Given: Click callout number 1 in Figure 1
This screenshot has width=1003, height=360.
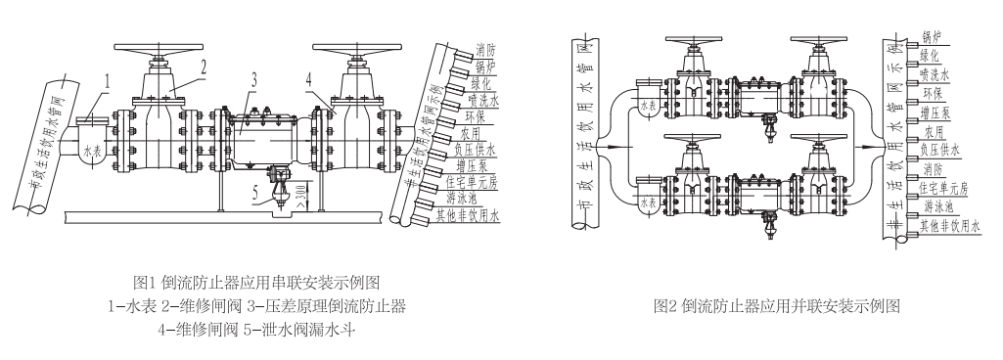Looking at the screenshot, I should point(111,75).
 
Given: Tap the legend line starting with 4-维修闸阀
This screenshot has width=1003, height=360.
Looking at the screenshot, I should point(258,330).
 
